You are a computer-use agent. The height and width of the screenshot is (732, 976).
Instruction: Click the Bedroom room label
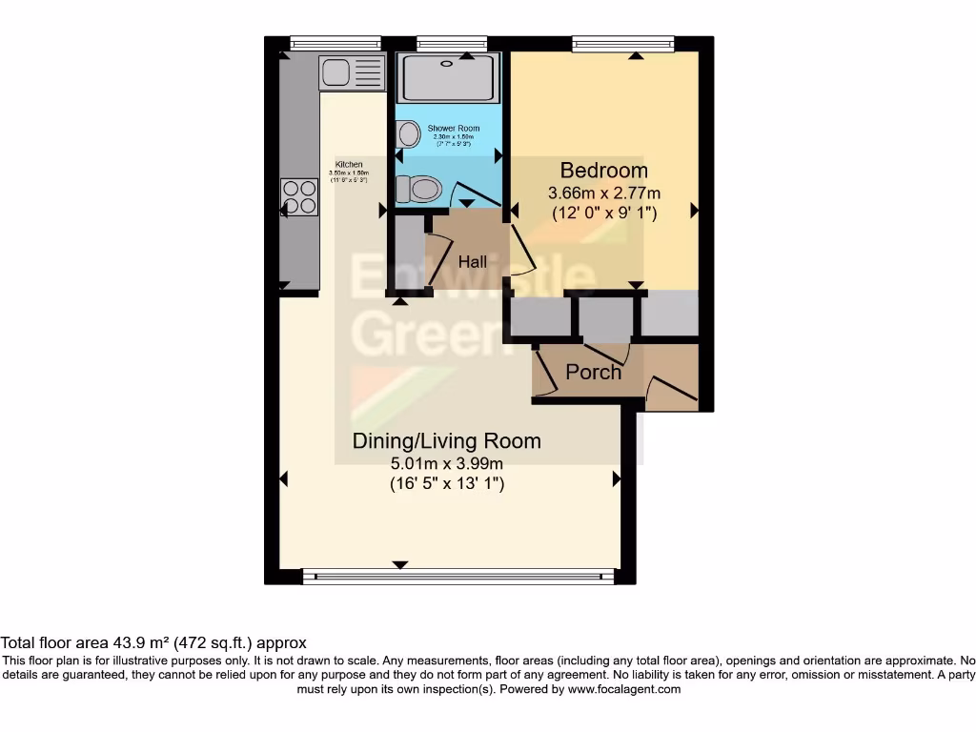pyautogui.click(x=603, y=171)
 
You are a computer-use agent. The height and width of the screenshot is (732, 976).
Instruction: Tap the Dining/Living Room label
pyautogui.click(x=446, y=441)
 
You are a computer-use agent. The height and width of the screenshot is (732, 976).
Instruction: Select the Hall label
pyautogui.click(x=472, y=262)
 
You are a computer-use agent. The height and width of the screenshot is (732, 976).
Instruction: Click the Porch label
pyautogui.click(x=593, y=372)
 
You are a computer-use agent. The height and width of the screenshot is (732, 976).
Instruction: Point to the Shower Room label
pyautogui.click(x=453, y=129)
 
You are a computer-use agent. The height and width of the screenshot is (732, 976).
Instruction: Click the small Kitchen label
pyautogui.click(x=348, y=164)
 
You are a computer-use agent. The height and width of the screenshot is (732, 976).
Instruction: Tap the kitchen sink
pyautogui.click(x=335, y=72)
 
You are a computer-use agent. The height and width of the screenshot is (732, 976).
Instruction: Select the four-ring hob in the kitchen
pyautogui.click(x=299, y=197)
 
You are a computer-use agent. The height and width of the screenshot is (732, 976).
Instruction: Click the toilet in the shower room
pyautogui.click(x=417, y=190)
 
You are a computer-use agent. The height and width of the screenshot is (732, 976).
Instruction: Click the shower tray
pyautogui.click(x=447, y=78)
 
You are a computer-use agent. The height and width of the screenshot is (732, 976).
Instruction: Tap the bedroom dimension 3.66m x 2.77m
pyautogui.click(x=603, y=193)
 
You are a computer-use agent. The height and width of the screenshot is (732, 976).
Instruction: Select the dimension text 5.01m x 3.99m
pyautogui.click(x=446, y=464)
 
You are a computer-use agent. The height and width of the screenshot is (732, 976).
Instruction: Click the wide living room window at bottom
pyautogui.click(x=457, y=576)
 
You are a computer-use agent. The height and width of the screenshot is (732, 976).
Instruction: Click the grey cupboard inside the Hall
pyautogui.click(x=408, y=253)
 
